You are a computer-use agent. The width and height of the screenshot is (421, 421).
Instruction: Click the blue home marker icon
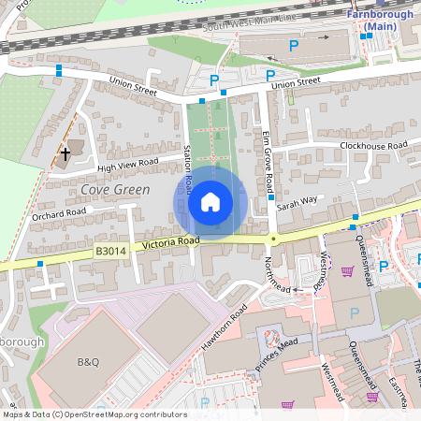click(x=210, y=202)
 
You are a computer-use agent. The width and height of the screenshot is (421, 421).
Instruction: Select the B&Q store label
click(x=87, y=361)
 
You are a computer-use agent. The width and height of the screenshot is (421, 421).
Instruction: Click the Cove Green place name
click(x=115, y=189)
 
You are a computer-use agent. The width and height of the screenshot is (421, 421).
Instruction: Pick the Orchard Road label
click(x=58, y=213)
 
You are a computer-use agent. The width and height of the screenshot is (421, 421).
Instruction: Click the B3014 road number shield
click(x=109, y=251)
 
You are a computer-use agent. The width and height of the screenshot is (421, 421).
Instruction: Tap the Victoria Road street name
click(x=170, y=243)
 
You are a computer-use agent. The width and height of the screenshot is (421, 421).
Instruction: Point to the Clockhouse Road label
click(x=373, y=146)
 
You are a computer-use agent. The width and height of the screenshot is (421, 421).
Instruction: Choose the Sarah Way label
click(x=297, y=200)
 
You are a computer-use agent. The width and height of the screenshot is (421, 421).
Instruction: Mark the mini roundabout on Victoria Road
click(x=273, y=239)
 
